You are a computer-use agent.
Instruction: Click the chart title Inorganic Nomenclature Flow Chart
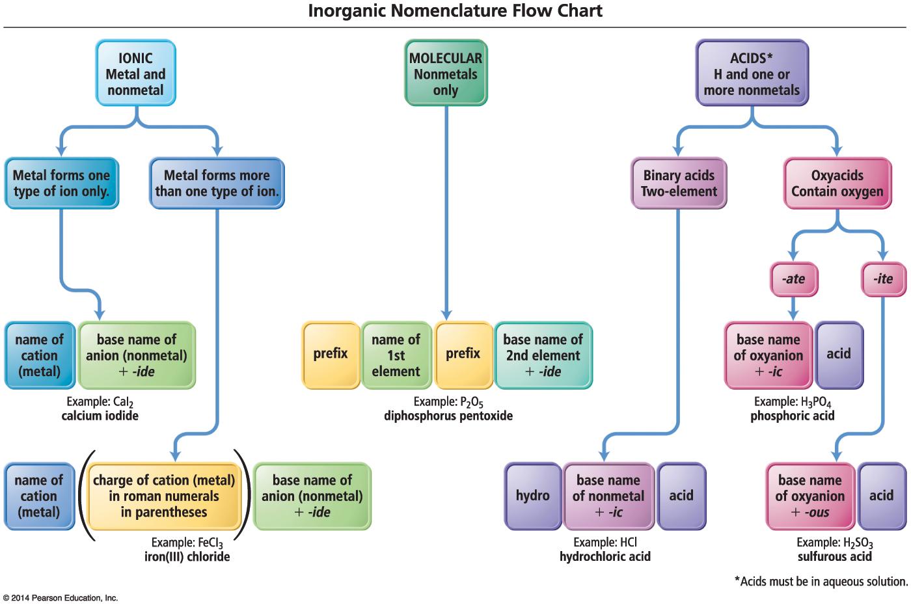(455, 11)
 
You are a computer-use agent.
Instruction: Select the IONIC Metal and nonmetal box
(135, 74)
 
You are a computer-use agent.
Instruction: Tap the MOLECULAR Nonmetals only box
(446, 74)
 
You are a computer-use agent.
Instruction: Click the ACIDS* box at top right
(752, 74)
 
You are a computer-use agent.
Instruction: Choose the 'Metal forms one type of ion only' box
(62, 183)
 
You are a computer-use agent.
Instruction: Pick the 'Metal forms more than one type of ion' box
(217, 183)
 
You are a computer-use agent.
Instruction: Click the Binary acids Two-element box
(679, 183)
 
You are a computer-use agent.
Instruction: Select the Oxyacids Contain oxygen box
(837, 183)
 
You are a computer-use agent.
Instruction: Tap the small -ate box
(793, 279)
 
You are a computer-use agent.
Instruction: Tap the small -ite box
(883, 279)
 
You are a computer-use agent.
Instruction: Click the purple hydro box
(533, 496)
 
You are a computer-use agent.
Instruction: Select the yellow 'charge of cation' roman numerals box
(164, 496)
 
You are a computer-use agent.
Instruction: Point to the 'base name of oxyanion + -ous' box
(810, 496)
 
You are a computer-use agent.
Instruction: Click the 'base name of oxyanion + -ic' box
(768, 355)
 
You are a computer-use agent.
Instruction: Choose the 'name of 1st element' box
(396, 355)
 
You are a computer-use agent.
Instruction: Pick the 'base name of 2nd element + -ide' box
(543, 355)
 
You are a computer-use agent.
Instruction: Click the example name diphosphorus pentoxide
(448, 416)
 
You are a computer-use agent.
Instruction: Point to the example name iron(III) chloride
(187, 557)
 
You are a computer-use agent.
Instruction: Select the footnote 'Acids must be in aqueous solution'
(821, 582)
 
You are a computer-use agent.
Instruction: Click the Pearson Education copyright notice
(60, 598)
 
